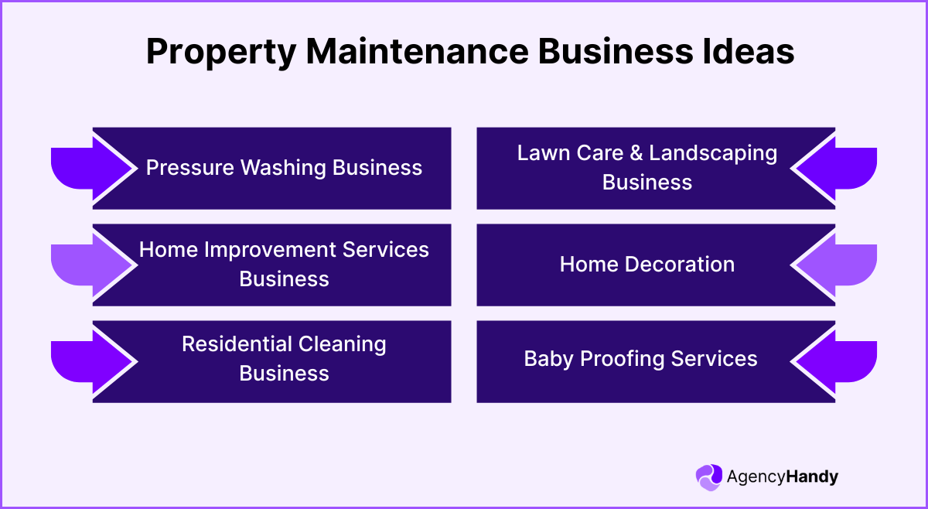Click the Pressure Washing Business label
coord(284,167)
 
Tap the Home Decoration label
coord(647,265)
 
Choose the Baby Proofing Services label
coord(640,359)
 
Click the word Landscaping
coord(713,153)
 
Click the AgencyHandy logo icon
coord(708,477)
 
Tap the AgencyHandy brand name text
coord(782,477)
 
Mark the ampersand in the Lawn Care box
coord(636,153)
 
